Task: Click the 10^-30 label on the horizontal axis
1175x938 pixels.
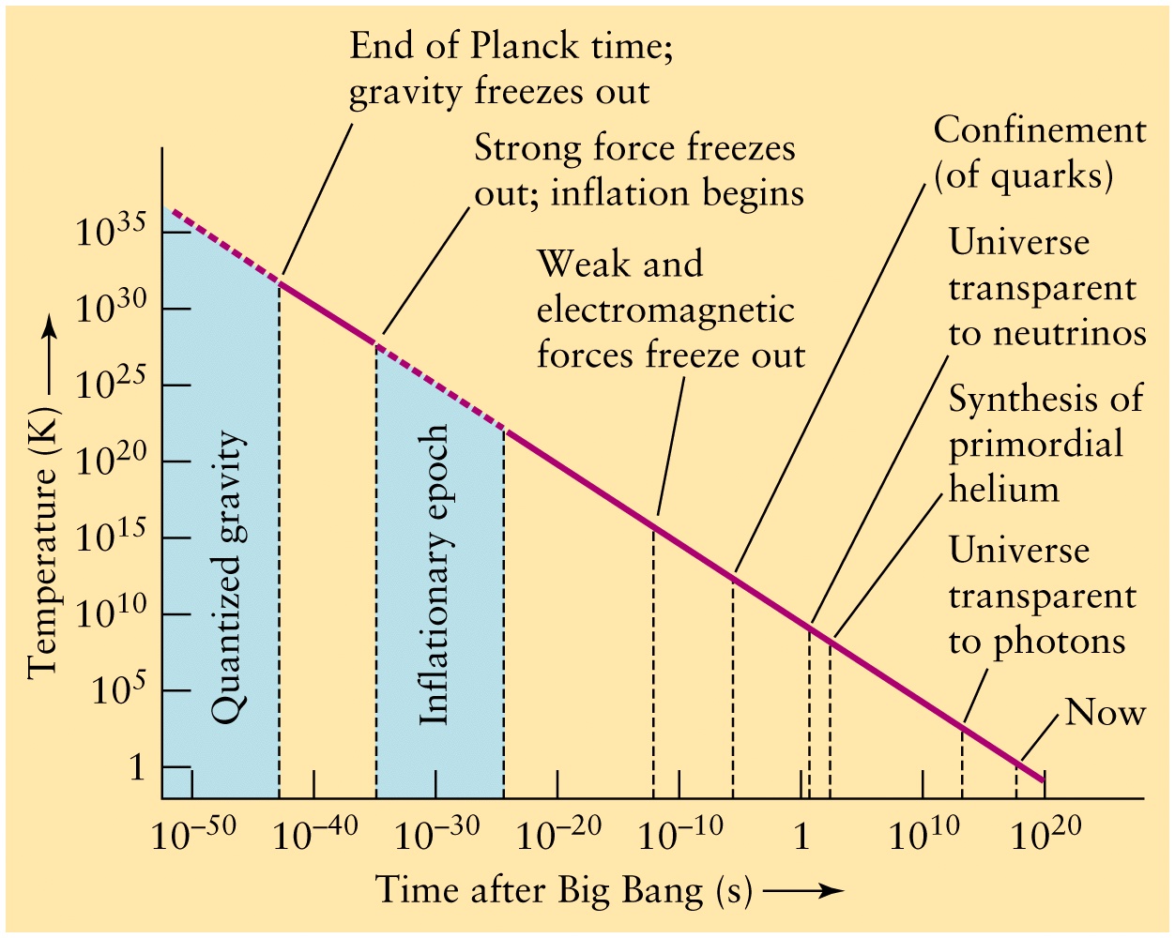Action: point(436,833)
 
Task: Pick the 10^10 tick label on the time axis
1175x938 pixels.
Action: point(923,833)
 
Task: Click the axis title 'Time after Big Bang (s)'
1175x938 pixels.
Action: point(563,891)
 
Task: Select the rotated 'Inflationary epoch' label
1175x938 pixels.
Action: point(434,575)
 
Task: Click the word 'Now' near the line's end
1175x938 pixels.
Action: point(1106,712)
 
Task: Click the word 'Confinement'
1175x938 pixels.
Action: point(1040,131)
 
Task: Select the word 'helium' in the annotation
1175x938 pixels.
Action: point(1003,489)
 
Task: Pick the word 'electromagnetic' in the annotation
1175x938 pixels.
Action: point(665,310)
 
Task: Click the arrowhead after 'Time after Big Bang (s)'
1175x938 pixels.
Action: point(832,891)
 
